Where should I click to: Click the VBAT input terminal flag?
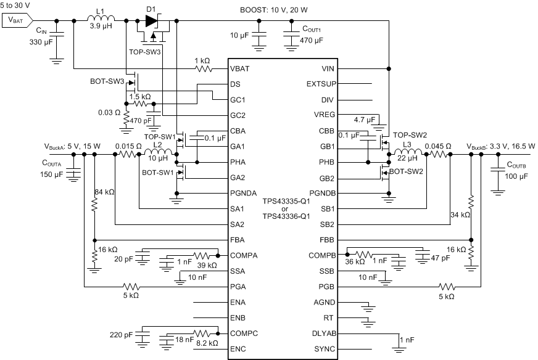click(x=18, y=20)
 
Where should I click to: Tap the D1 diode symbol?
click(x=151, y=20)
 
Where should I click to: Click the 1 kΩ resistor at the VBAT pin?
click(x=201, y=68)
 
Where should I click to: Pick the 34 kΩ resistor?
click(x=471, y=203)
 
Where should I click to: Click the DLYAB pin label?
click(x=323, y=333)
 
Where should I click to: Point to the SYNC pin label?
click(x=325, y=350)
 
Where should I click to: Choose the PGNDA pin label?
click(x=244, y=193)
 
